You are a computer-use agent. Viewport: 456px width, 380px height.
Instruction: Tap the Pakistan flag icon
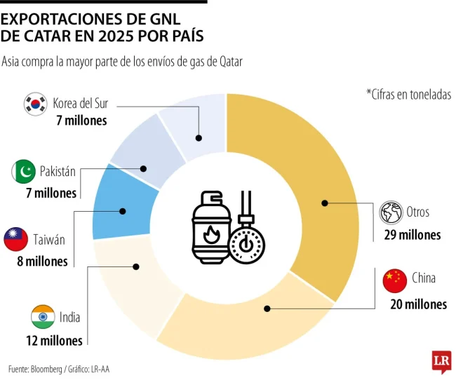coord(23,171)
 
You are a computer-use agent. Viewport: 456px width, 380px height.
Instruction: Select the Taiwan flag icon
coord(15,239)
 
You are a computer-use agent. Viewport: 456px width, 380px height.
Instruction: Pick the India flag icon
coord(43,317)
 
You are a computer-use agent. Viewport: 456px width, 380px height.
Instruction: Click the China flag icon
coord(395,280)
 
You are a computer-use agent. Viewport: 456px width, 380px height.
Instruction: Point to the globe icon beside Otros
coord(391,212)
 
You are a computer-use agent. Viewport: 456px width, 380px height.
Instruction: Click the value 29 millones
coord(412,235)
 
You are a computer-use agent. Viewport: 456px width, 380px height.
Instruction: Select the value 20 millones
coord(418,304)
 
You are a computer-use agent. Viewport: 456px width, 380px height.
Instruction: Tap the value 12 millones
coord(53,341)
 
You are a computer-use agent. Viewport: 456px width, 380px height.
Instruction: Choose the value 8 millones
coord(43,262)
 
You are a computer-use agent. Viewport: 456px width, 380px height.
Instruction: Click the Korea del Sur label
coord(81,104)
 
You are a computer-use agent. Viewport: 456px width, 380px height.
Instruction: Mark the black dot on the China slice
coord(267,308)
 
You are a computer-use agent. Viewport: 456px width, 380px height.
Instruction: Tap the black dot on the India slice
coord(135,266)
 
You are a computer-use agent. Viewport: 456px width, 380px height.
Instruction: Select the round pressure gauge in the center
coord(246,245)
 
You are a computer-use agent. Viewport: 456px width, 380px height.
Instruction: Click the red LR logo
coord(441,361)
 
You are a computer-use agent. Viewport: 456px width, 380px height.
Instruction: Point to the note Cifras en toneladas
coord(408,95)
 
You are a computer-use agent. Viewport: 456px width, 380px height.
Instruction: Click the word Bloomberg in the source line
coord(49,368)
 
